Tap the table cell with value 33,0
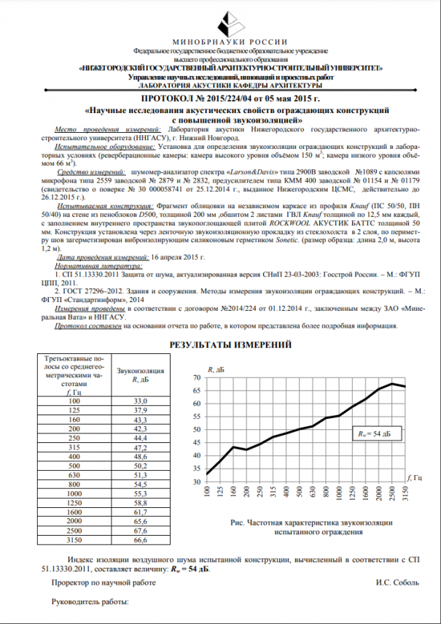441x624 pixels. click(140, 401)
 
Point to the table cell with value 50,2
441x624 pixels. click(140, 466)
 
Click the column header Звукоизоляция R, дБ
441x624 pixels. click(140, 375)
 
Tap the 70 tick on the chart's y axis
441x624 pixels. click(195, 378)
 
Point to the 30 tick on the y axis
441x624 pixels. click(195, 482)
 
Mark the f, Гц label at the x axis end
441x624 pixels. click(413, 478)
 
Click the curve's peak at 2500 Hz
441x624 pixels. click(392, 383)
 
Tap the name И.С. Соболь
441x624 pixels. click(399, 583)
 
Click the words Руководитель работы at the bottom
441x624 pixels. click(89, 602)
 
